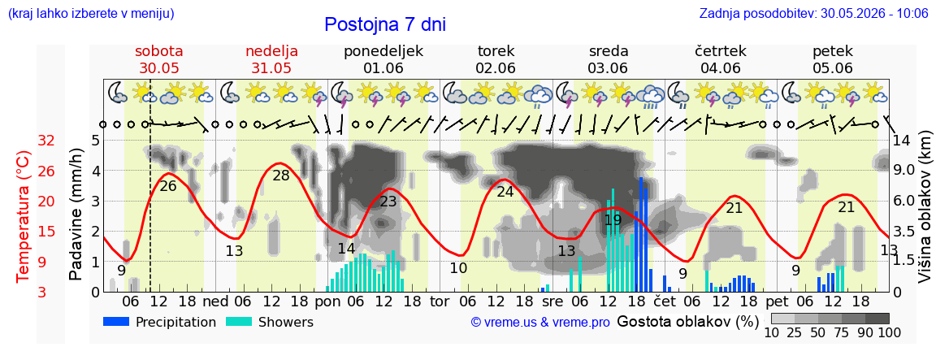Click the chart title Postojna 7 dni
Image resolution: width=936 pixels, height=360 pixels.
tap(385, 24)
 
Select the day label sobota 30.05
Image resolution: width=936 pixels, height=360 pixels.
tap(159, 59)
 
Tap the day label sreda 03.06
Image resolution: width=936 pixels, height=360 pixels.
tap(609, 59)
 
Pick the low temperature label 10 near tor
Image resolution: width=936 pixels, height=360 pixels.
tap(458, 268)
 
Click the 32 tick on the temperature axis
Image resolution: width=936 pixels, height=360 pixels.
tap(46, 141)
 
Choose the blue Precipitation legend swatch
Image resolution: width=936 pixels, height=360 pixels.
tap(117, 321)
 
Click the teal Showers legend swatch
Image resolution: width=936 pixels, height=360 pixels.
tap(240, 321)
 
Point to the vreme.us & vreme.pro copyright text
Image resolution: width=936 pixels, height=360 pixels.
tap(540, 323)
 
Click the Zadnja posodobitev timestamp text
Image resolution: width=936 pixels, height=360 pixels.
tap(811, 13)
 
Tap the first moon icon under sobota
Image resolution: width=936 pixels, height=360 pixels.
tap(116, 92)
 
